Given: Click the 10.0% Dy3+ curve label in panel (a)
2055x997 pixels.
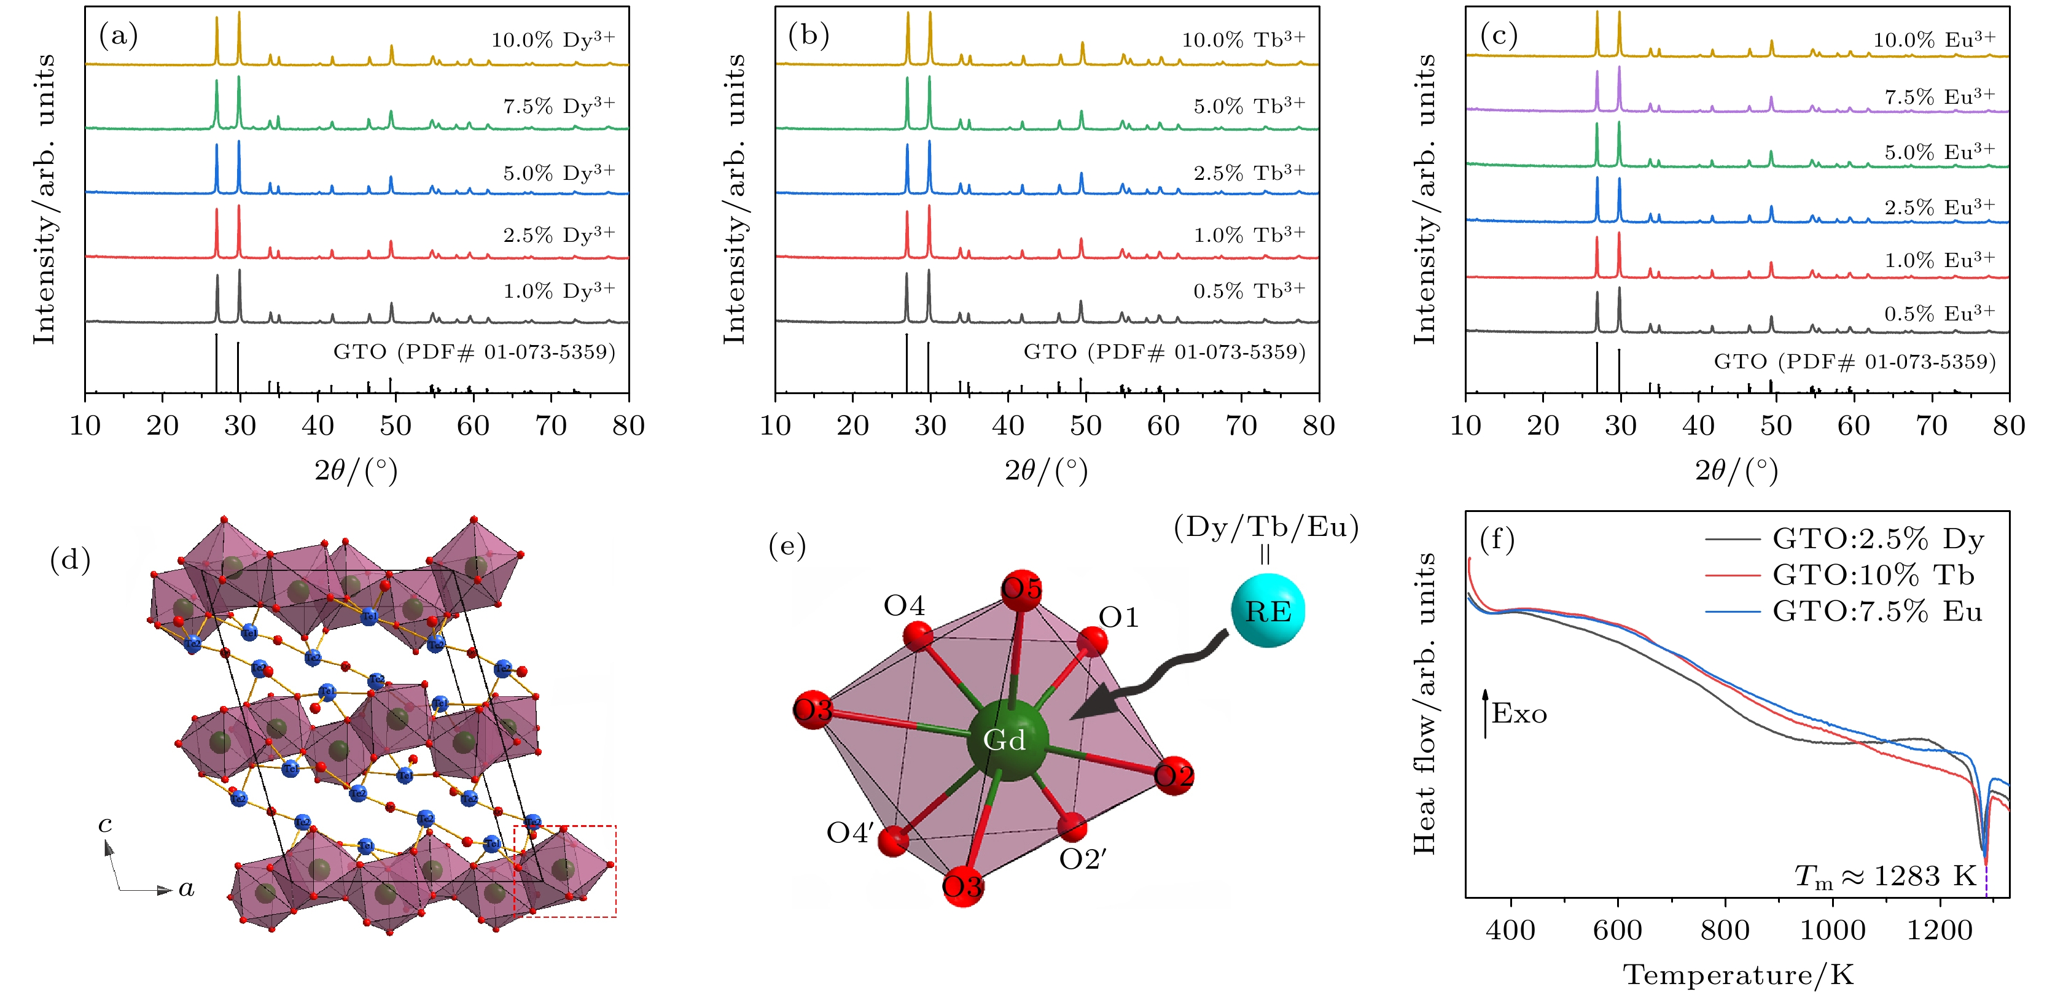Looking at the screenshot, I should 553,39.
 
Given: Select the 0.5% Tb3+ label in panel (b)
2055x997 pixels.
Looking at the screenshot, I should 1249,290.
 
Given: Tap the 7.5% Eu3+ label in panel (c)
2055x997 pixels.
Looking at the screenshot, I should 1940,96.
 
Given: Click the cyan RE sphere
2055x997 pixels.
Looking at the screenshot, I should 1268,610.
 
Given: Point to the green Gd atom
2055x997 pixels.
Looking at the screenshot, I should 1007,739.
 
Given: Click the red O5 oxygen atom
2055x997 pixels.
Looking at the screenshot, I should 1021,589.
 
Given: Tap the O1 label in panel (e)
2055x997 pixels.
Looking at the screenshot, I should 1118,616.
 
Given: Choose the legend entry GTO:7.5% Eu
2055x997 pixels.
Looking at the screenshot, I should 1877,611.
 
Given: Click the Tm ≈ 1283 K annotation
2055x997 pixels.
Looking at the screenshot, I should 1884,876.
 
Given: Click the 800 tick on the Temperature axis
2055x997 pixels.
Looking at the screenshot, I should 1725,930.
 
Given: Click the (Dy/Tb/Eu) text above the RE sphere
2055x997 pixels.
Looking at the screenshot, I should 1266,527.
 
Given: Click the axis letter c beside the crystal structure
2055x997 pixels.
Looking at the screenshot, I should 104,824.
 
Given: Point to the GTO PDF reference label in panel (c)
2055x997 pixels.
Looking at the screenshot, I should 1855,362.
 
